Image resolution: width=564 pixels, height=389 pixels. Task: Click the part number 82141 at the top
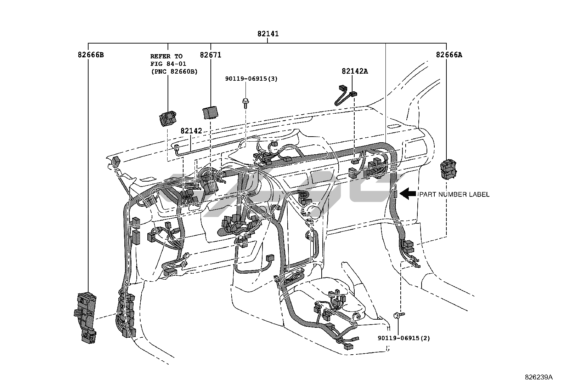coord(268,34)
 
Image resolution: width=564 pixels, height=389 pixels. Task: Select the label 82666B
coord(91,55)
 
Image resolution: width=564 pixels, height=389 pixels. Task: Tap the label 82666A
coord(449,55)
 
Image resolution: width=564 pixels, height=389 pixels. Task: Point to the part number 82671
coord(210,55)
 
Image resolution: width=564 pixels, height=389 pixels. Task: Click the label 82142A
coord(355,71)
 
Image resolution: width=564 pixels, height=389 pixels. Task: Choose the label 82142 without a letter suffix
coord(191,131)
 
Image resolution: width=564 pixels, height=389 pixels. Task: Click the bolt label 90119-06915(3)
coord(251,79)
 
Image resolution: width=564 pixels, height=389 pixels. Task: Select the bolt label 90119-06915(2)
coord(404,338)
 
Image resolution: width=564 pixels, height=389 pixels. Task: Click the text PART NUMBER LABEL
coord(454,194)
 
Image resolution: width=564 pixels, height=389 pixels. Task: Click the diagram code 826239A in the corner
coord(538,377)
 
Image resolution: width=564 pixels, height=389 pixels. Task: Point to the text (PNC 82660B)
coord(174,71)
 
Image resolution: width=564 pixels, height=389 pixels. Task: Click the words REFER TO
coord(166,56)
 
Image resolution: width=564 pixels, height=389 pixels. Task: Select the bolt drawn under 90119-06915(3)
coord(245,103)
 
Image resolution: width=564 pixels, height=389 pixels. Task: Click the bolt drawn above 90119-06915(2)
coord(399,315)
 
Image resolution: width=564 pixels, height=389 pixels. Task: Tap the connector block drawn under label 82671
coord(210,112)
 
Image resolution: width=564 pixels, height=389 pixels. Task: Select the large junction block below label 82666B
coord(86,317)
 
